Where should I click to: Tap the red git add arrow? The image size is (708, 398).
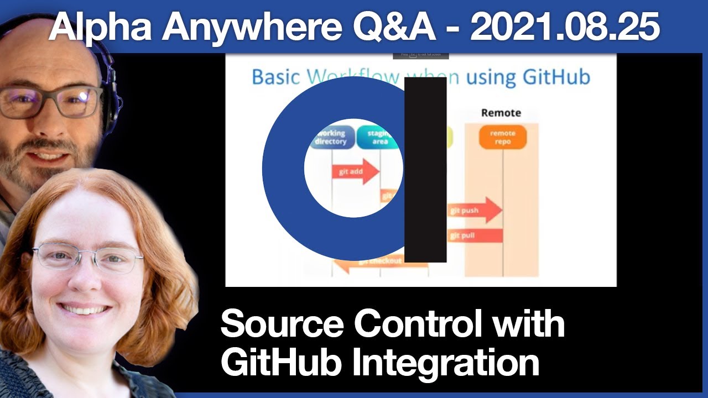click(355, 171)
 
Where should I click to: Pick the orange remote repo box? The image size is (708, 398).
click(502, 137)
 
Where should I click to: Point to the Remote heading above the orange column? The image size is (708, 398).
click(501, 113)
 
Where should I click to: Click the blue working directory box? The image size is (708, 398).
click(331, 137)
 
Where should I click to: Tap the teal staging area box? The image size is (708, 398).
click(378, 137)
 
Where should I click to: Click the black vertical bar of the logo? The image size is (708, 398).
click(425, 170)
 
